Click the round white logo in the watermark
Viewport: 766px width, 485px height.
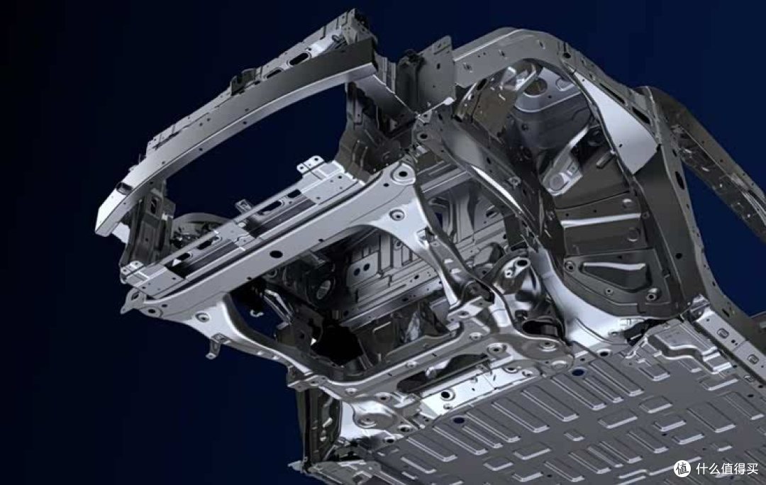point(683,469)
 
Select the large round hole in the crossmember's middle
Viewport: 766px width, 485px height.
point(276,254)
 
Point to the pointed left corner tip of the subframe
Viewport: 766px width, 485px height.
point(123,308)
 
